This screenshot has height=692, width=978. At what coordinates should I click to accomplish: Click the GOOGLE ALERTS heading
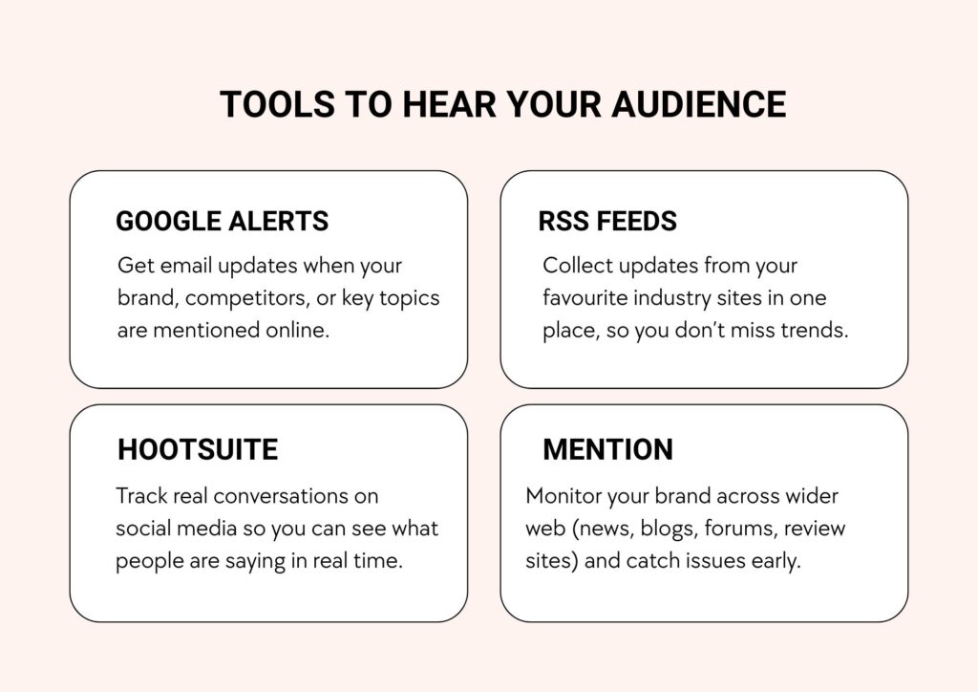(222, 222)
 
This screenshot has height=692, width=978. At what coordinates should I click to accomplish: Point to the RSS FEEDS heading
(607, 222)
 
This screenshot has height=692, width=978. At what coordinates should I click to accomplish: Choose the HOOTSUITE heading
(198, 449)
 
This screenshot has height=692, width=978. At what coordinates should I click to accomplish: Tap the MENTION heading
(607, 449)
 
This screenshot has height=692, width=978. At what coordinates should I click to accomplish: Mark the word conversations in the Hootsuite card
(295, 496)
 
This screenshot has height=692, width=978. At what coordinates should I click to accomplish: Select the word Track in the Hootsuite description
(140, 496)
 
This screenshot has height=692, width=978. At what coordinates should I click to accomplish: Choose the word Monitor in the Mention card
(563, 496)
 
